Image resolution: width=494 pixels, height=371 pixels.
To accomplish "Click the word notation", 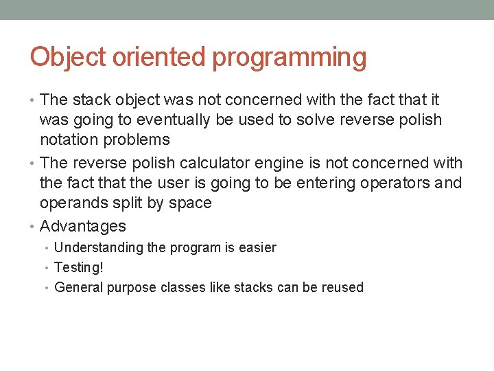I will point(69,140).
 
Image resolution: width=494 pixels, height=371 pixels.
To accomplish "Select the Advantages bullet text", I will point(83,227).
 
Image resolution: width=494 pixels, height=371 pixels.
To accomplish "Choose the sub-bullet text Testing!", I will point(78,268).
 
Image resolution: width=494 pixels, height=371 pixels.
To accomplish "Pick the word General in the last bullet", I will point(78,287).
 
